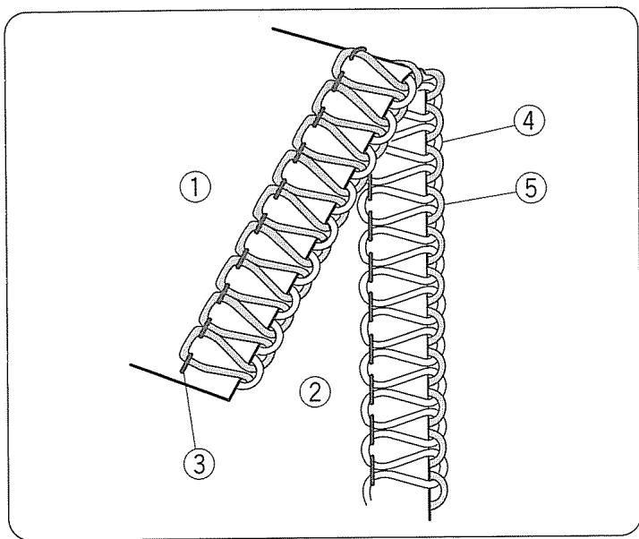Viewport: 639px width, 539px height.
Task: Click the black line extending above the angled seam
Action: coord(304,39)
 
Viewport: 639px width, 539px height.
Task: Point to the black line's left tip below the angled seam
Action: coord(132,366)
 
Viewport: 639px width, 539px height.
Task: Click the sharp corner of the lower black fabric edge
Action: coord(230,401)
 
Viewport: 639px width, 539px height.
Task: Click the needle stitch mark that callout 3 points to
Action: coord(185,367)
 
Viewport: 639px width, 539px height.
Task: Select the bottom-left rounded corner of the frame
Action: coord(20,519)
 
